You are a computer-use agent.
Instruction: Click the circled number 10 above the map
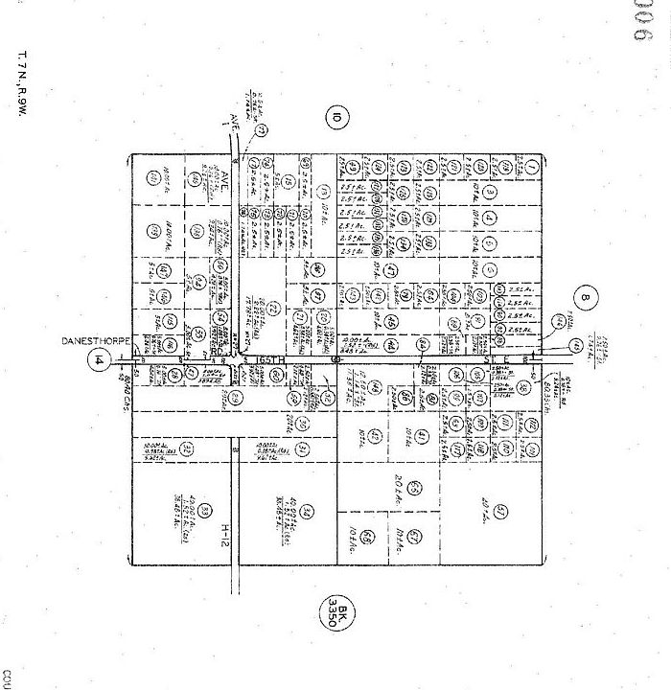[x=335, y=118]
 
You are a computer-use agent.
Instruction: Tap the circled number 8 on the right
[x=588, y=298]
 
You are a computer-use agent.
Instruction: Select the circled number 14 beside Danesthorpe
[x=99, y=360]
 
